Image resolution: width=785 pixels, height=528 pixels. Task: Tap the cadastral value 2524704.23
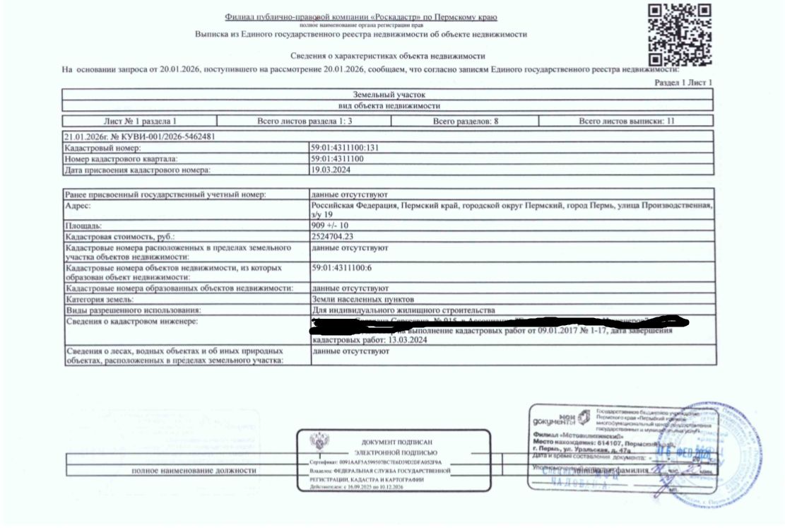[x=333, y=237]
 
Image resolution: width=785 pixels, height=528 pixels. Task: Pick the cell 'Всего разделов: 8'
[x=466, y=122]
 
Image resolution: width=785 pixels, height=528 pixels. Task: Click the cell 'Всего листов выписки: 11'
[x=627, y=122]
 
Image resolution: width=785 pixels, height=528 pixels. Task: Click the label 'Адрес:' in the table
[x=78, y=205]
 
